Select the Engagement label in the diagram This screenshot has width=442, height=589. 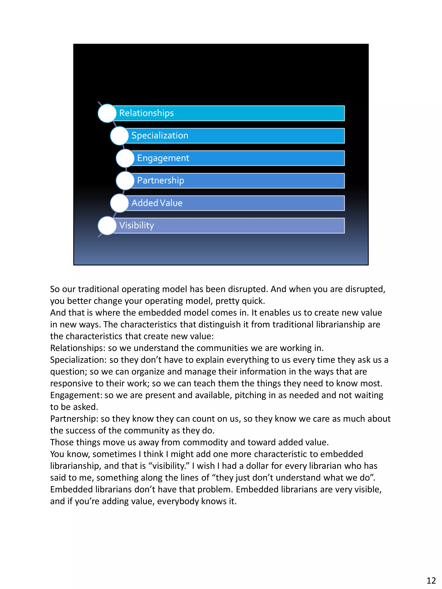click(x=163, y=158)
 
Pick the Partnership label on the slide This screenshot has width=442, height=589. click(x=160, y=180)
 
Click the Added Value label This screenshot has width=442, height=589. click(x=157, y=203)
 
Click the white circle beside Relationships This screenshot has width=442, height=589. click(x=107, y=113)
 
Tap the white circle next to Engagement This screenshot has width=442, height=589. click(x=125, y=158)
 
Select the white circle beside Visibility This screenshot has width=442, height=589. click(x=107, y=226)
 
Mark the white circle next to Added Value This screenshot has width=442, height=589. click(x=119, y=203)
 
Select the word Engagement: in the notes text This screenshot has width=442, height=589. click(x=76, y=395)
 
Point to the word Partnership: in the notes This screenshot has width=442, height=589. click(x=74, y=419)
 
